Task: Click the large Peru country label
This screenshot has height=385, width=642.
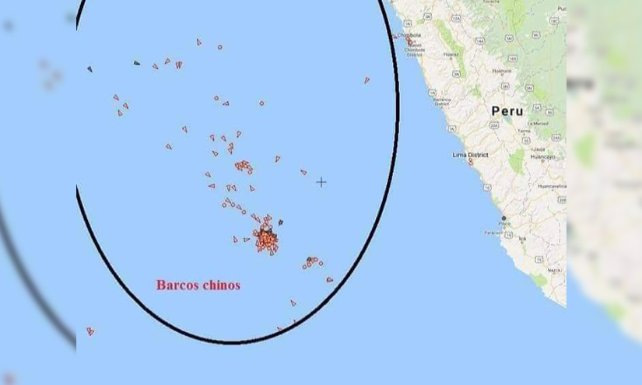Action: pyautogui.click(x=507, y=111)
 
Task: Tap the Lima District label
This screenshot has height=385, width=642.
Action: pyautogui.click(x=470, y=155)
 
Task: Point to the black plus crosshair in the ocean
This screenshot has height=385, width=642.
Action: pyautogui.click(x=321, y=182)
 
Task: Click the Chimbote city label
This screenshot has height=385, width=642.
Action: pyautogui.click(x=409, y=35)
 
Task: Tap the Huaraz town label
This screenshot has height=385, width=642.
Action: pyautogui.click(x=451, y=54)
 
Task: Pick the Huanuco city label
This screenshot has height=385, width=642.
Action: pyautogui.click(x=502, y=70)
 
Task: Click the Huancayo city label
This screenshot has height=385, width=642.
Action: pyautogui.click(x=542, y=157)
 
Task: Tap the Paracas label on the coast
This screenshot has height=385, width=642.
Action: pyautogui.click(x=493, y=232)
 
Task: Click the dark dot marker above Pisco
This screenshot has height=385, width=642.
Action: pyautogui.click(x=503, y=218)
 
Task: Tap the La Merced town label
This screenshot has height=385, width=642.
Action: pyautogui.click(x=538, y=123)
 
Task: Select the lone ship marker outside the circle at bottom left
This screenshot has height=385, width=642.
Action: pyautogui.click(x=90, y=331)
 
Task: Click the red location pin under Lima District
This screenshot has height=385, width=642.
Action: pyautogui.click(x=470, y=162)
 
